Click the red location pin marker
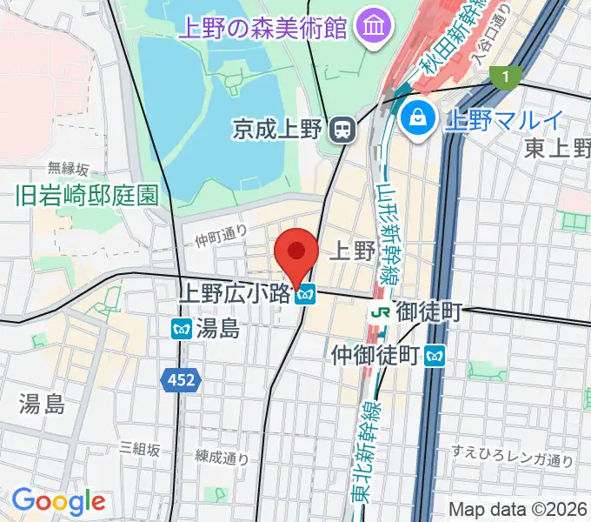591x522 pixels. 295,253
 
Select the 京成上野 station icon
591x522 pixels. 343,130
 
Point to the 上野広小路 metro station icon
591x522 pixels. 304,296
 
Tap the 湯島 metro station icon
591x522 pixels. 182,328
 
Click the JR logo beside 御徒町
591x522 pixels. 379,311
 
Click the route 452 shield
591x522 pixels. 181,379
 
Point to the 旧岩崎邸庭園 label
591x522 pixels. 87,195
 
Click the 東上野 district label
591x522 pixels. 557,149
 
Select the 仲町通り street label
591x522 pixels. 221,235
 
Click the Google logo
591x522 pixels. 58,501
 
